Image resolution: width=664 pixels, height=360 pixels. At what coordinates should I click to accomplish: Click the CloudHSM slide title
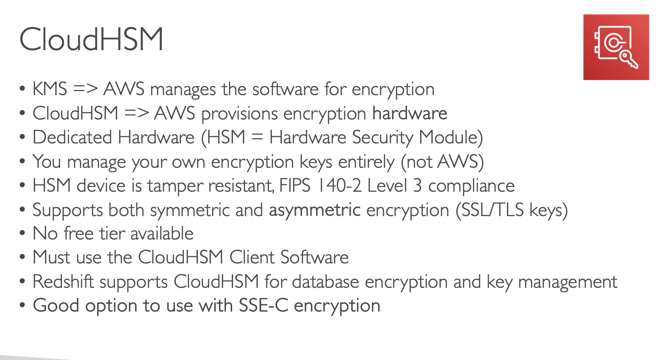(91, 39)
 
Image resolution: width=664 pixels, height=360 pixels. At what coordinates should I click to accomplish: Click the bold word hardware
(410, 113)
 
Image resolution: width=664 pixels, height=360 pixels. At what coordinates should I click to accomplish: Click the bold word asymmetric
(315, 210)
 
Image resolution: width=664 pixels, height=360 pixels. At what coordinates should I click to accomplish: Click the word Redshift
(63, 282)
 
